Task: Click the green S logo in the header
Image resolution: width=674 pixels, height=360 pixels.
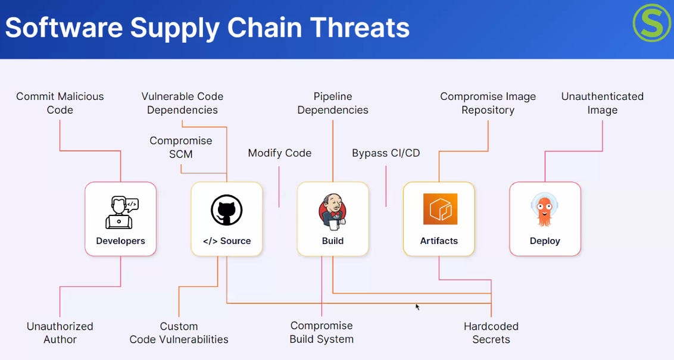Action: tap(652, 23)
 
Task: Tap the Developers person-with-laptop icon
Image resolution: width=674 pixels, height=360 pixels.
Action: tap(121, 212)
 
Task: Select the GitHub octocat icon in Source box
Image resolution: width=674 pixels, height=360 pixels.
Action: tap(226, 210)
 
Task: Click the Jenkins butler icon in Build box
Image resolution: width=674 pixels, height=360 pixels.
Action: tap(332, 211)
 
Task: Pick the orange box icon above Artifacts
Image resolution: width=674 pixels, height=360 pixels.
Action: tap(439, 209)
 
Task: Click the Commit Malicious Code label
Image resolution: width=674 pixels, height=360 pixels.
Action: tap(60, 103)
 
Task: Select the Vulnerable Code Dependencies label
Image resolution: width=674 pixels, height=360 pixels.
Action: tap(182, 103)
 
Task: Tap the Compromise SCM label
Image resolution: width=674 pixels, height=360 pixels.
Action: tap(180, 148)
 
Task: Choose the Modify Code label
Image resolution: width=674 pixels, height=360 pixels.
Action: tap(280, 153)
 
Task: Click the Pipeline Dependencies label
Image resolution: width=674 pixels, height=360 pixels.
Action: tap(333, 103)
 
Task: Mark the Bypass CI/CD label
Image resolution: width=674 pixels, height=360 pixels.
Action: tap(386, 153)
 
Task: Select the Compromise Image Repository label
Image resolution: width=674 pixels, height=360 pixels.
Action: tap(488, 103)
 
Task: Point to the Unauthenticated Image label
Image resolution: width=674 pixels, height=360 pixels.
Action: tap(602, 103)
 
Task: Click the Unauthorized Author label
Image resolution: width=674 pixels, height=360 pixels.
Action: tap(60, 333)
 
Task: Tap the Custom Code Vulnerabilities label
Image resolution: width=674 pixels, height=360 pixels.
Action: tap(179, 333)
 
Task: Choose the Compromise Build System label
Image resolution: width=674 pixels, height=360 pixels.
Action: tap(322, 332)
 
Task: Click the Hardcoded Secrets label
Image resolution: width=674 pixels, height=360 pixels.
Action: tap(491, 333)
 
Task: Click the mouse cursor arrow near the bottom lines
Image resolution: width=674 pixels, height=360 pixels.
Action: tap(417, 307)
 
